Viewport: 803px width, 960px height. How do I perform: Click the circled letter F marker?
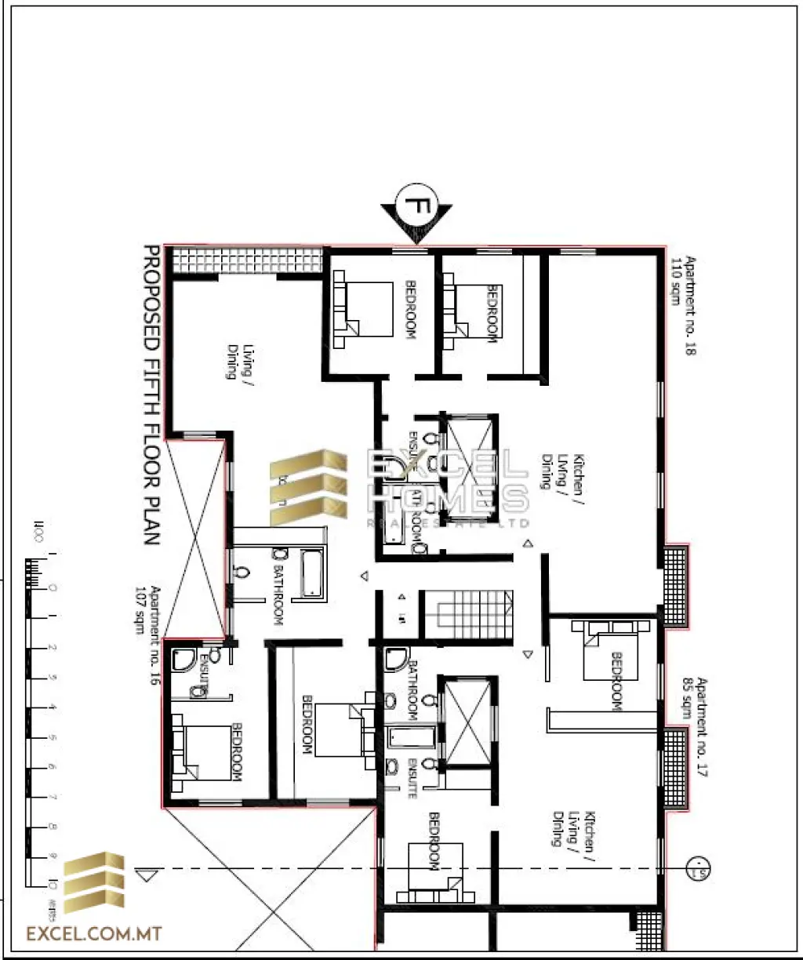click(x=416, y=206)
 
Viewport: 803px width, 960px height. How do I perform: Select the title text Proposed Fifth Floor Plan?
click(x=151, y=396)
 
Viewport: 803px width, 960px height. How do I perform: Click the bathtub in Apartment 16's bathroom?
click(x=311, y=574)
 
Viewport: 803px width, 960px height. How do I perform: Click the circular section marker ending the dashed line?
click(x=696, y=868)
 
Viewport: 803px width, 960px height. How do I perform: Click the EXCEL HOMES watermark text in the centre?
click(x=447, y=482)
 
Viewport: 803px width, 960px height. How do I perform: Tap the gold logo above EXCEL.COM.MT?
click(x=93, y=882)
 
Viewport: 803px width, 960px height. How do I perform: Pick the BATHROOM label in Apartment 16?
click(x=278, y=594)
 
